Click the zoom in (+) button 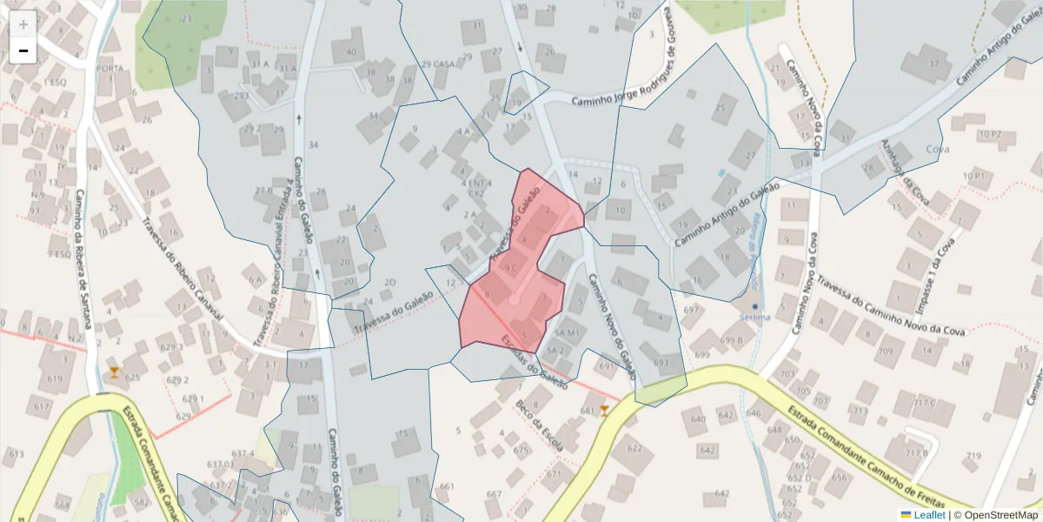tap(23, 24)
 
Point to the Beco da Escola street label tap(539, 426)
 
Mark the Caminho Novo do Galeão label tap(613, 327)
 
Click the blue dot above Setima tap(755, 307)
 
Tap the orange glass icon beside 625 tap(114, 373)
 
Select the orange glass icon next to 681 tap(605, 410)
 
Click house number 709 tap(885, 352)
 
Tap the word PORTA tap(110, 69)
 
